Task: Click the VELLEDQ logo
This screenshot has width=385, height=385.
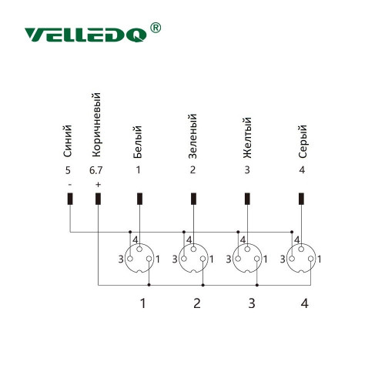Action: [x=85, y=35]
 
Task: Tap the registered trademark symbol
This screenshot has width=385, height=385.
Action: [x=156, y=28]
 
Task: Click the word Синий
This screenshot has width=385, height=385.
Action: [x=68, y=141]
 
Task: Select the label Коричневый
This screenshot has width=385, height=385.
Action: [x=96, y=125]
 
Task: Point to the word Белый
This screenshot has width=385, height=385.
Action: [x=137, y=142]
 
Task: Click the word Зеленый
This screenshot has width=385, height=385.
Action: [x=192, y=136]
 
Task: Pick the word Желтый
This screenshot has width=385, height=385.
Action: [x=247, y=138]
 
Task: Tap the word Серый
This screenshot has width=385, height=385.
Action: [x=303, y=141]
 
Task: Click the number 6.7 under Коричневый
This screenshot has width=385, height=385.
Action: [x=95, y=170]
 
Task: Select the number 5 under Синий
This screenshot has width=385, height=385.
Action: [x=68, y=170]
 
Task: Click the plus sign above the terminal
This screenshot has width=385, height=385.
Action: [x=98, y=185]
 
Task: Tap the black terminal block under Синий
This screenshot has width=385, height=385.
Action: [x=70, y=199]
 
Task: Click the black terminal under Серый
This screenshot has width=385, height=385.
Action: [x=302, y=199]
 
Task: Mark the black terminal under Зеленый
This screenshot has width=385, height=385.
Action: [x=194, y=199]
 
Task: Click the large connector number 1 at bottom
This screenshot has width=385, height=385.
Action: [x=143, y=303]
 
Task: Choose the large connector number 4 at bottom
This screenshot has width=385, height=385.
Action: [x=304, y=303]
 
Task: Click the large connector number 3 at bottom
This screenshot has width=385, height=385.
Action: [x=252, y=303]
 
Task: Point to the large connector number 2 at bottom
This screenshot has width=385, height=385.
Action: [x=197, y=303]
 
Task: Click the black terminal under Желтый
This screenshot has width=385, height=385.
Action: [x=247, y=199]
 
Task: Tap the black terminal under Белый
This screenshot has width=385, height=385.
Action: [x=139, y=199]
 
